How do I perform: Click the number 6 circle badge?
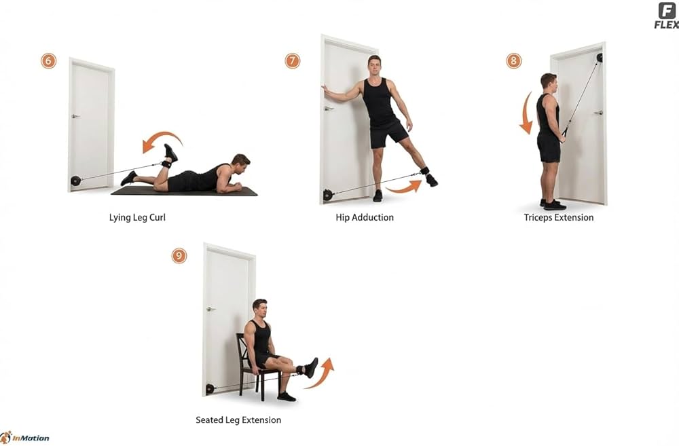pyautogui.click(x=48, y=61)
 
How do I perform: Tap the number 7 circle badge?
pyautogui.click(x=292, y=61)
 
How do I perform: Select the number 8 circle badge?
pyautogui.click(x=514, y=61)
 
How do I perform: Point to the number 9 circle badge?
pyautogui.click(x=179, y=256)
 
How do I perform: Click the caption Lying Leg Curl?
pyautogui.click(x=137, y=218)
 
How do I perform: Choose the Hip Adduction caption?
pyautogui.click(x=365, y=218)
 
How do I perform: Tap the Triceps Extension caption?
pyautogui.click(x=559, y=218)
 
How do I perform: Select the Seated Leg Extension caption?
pyautogui.click(x=238, y=420)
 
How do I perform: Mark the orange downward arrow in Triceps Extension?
pyautogui.click(x=526, y=113)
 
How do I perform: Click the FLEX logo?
pyautogui.click(x=667, y=16)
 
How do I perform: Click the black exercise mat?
pyautogui.click(x=184, y=191)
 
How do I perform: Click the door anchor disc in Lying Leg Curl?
pyautogui.click(x=75, y=181)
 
